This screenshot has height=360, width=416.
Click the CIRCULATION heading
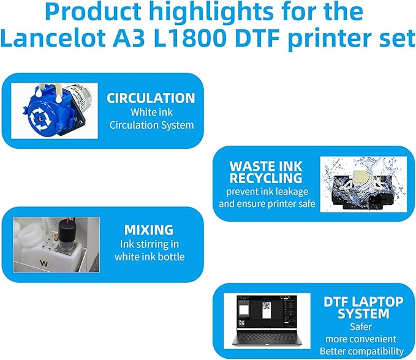[x=151, y=98]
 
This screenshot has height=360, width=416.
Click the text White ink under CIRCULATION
[x=151, y=112]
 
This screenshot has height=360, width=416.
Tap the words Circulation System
[x=151, y=125]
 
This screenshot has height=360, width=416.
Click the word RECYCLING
[x=266, y=178]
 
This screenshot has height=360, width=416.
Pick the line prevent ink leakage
[x=267, y=191]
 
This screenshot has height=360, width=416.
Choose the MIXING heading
[x=149, y=230]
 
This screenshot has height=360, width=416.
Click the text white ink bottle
[x=149, y=257]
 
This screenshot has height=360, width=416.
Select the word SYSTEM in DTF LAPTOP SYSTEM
[x=364, y=313]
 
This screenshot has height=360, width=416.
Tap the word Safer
[x=364, y=326]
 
